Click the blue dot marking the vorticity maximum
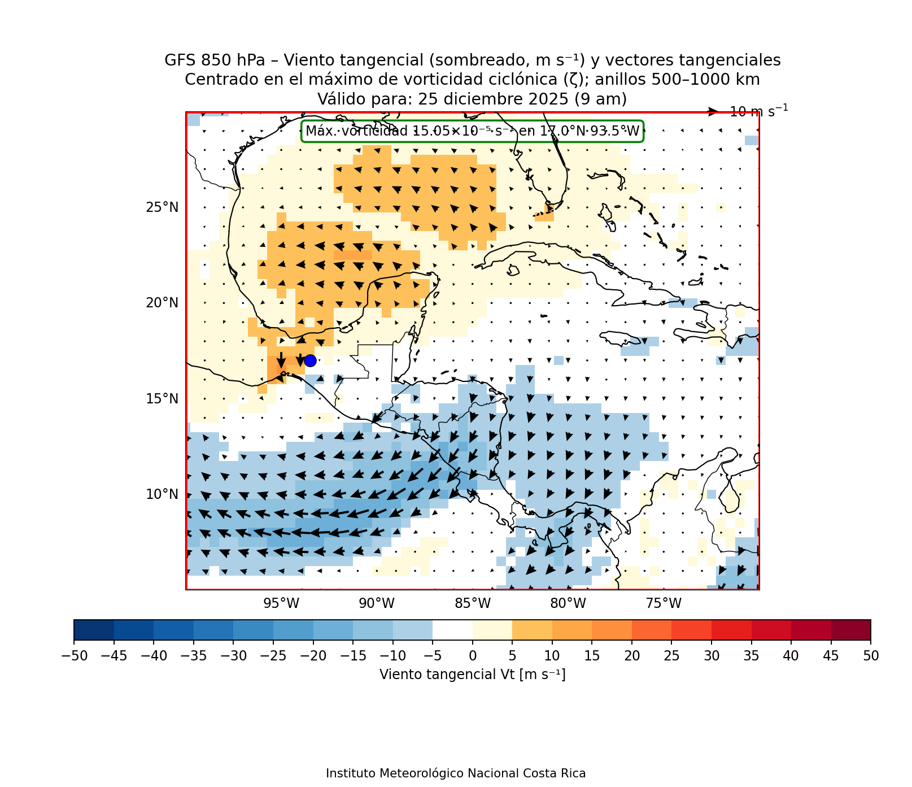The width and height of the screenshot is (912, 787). click(x=310, y=360)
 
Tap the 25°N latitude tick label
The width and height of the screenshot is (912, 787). click(x=162, y=207)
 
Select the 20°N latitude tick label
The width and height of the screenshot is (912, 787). click(x=162, y=303)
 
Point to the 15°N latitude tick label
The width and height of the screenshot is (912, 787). click(x=162, y=399)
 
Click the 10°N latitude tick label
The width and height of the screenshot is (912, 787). click(x=162, y=494)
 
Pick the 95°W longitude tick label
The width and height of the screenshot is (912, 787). click(x=281, y=603)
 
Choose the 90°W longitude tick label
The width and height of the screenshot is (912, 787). click(x=377, y=603)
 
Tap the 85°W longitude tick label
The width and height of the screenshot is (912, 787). click(x=473, y=603)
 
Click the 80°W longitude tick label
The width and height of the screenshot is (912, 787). click(x=568, y=603)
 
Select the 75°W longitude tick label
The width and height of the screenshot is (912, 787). click(x=664, y=603)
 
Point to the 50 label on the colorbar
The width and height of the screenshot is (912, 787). click(x=871, y=656)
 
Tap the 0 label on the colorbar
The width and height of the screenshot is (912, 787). click(x=473, y=656)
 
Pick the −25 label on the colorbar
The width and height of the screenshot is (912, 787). click(x=273, y=656)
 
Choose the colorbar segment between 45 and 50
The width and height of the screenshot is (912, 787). click(x=851, y=630)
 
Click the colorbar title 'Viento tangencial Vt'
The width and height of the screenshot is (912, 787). click(x=473, y=675)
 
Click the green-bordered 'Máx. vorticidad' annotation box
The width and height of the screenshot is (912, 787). click(x=473, y=132)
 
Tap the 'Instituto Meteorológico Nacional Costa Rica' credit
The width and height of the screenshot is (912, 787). click(x=456, y=773)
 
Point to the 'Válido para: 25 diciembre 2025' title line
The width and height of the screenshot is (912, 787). click(x=472, y=99)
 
